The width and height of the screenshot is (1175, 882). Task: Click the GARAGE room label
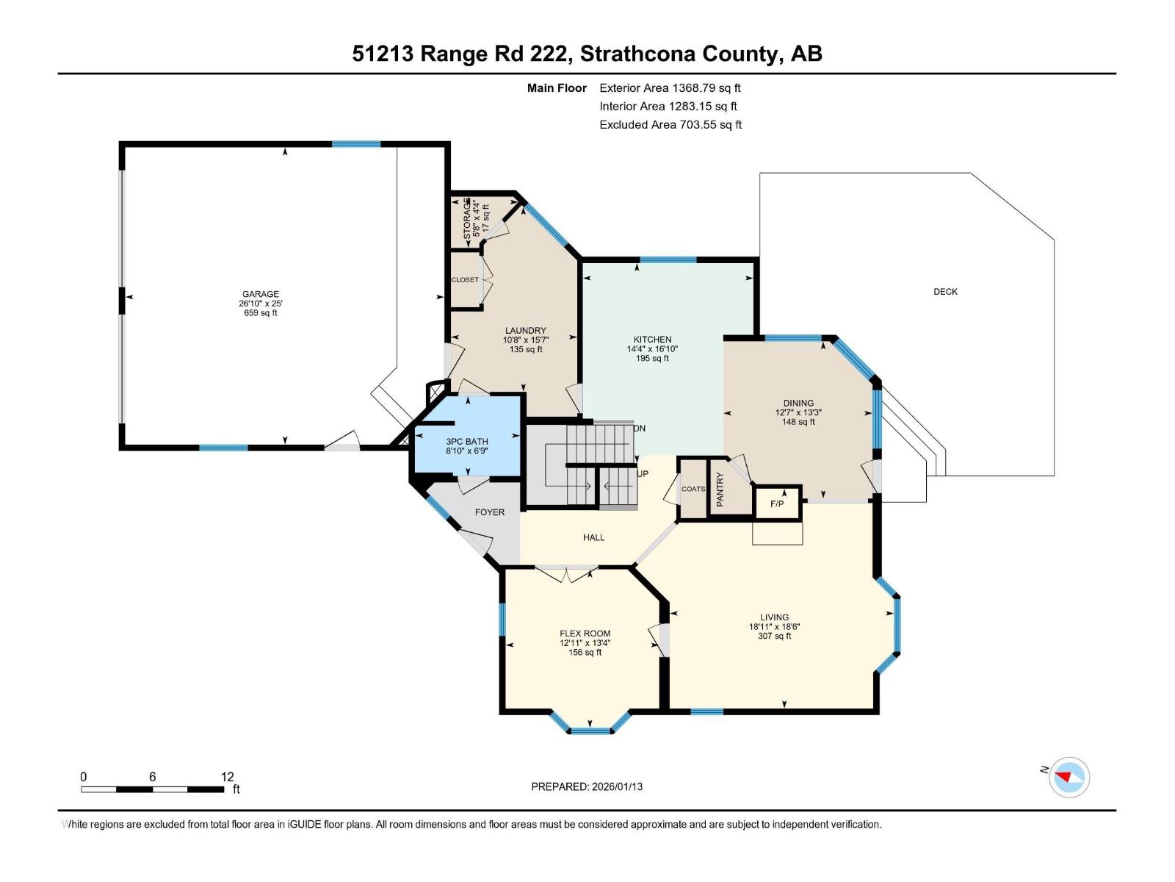point(260,294)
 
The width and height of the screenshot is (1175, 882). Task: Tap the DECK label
point(945,292)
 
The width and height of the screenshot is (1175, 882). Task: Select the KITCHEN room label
point(652,340)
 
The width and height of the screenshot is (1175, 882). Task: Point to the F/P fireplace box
point(777,504)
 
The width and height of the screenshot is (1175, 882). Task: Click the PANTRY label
point(720,490)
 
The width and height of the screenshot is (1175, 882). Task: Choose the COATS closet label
point(693,489)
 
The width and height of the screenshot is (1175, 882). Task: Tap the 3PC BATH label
point(467,442)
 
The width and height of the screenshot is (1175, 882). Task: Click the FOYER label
point(489,512)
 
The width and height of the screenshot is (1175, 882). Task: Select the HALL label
point(593,537)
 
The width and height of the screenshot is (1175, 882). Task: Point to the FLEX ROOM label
point(585,634)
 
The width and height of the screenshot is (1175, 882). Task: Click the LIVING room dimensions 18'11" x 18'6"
point(774,627)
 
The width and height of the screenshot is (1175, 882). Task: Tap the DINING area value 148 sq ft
point(798,422)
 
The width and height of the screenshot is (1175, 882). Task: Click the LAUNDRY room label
point(525,331)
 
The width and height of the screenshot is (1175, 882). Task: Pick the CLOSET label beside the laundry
point(465,280)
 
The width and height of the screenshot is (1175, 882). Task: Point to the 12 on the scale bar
point(227,777)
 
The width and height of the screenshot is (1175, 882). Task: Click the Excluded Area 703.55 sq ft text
point(670,125)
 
